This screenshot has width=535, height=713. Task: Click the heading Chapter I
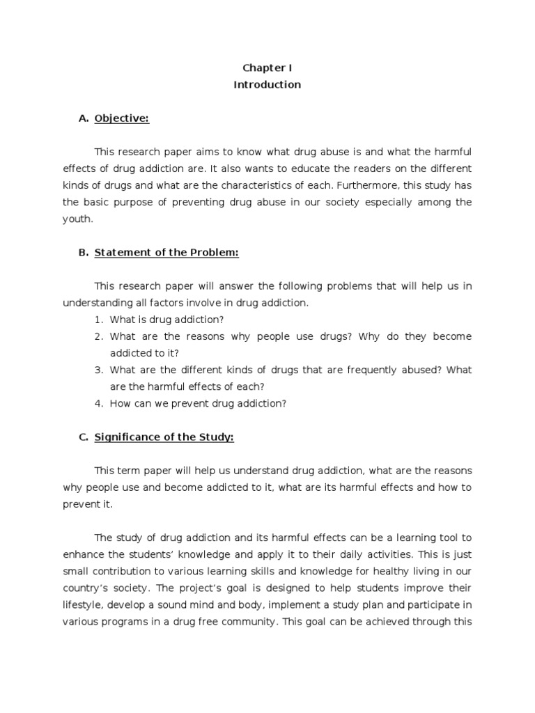[267, 68]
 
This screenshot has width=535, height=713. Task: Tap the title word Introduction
[267, 84]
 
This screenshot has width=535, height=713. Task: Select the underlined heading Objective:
[122, 118]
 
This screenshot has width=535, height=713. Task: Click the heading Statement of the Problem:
[166, 253]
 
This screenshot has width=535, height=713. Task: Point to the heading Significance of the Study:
[164, 437]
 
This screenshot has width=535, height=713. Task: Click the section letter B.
[83, 253]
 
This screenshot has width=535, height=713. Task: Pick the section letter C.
[83, 437]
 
